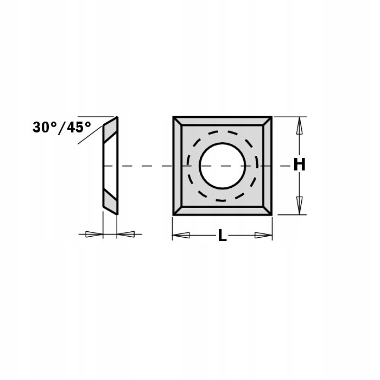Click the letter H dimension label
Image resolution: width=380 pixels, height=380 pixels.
pos(299,164)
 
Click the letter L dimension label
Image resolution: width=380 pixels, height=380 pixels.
pos(222,236)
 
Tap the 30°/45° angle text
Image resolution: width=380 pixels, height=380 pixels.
pos(61,128)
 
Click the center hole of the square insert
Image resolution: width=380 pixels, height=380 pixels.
pos(222,166)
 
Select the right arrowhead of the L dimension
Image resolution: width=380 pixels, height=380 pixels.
pos(263,235)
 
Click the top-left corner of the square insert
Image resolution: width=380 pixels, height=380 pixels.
pos(174,117)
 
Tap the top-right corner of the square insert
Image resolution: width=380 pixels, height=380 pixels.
pos(271,117)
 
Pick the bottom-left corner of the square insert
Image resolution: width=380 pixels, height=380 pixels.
pos(174,214)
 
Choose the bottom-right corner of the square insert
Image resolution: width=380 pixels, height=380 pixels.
pos(271,214)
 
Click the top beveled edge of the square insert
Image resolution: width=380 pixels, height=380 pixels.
pos(222,121)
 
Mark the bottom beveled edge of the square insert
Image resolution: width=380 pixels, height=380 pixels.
pos(222,210)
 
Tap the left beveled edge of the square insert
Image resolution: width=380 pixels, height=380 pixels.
pos(178,166)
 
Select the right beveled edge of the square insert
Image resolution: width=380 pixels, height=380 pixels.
pos(267,166)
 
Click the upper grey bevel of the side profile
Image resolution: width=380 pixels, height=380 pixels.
pos(110,129)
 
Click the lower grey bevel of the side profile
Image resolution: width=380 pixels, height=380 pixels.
pos(110,202)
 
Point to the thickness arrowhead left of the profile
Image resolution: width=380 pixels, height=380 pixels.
pos(94,235)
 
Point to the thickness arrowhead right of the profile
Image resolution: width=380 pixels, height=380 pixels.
pos(126,235)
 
